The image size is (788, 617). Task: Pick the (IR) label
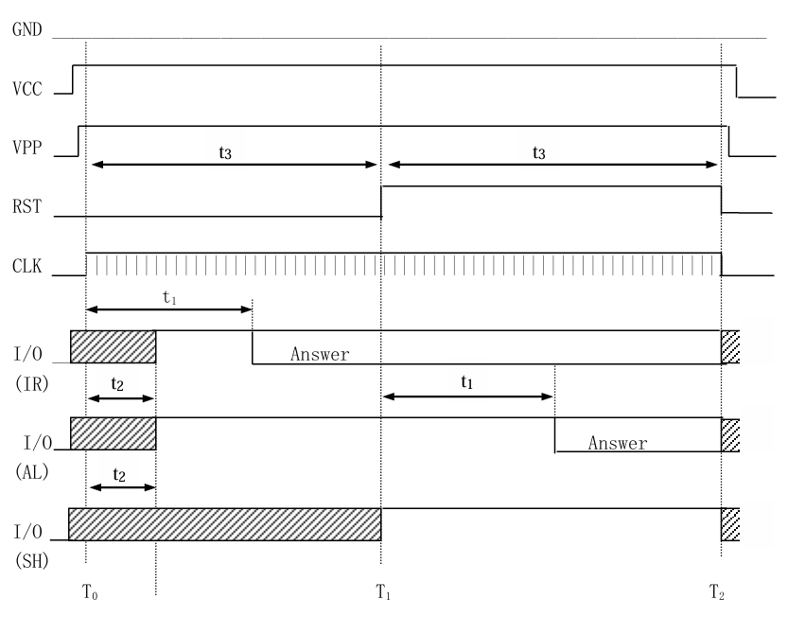[28, 385]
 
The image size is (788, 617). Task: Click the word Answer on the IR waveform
[320, 355]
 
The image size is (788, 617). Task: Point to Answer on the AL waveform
[618, 442]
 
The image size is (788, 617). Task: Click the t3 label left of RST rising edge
[225, 151]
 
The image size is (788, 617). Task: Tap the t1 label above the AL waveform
[467, 382]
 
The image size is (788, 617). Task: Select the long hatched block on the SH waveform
[225, 524]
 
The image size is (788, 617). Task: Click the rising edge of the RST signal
[381, 202]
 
